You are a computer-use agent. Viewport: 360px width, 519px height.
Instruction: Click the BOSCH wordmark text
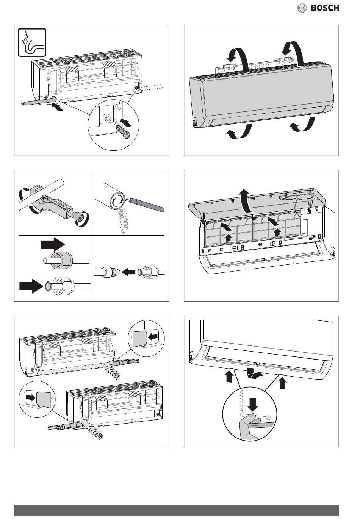325,8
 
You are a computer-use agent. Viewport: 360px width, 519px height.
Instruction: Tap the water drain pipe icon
32,42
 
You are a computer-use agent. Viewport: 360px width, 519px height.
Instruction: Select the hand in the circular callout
248,424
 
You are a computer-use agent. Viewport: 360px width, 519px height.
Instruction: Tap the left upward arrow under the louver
229,377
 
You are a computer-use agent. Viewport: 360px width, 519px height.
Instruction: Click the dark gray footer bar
177,510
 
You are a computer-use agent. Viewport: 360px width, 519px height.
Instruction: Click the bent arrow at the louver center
253,374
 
